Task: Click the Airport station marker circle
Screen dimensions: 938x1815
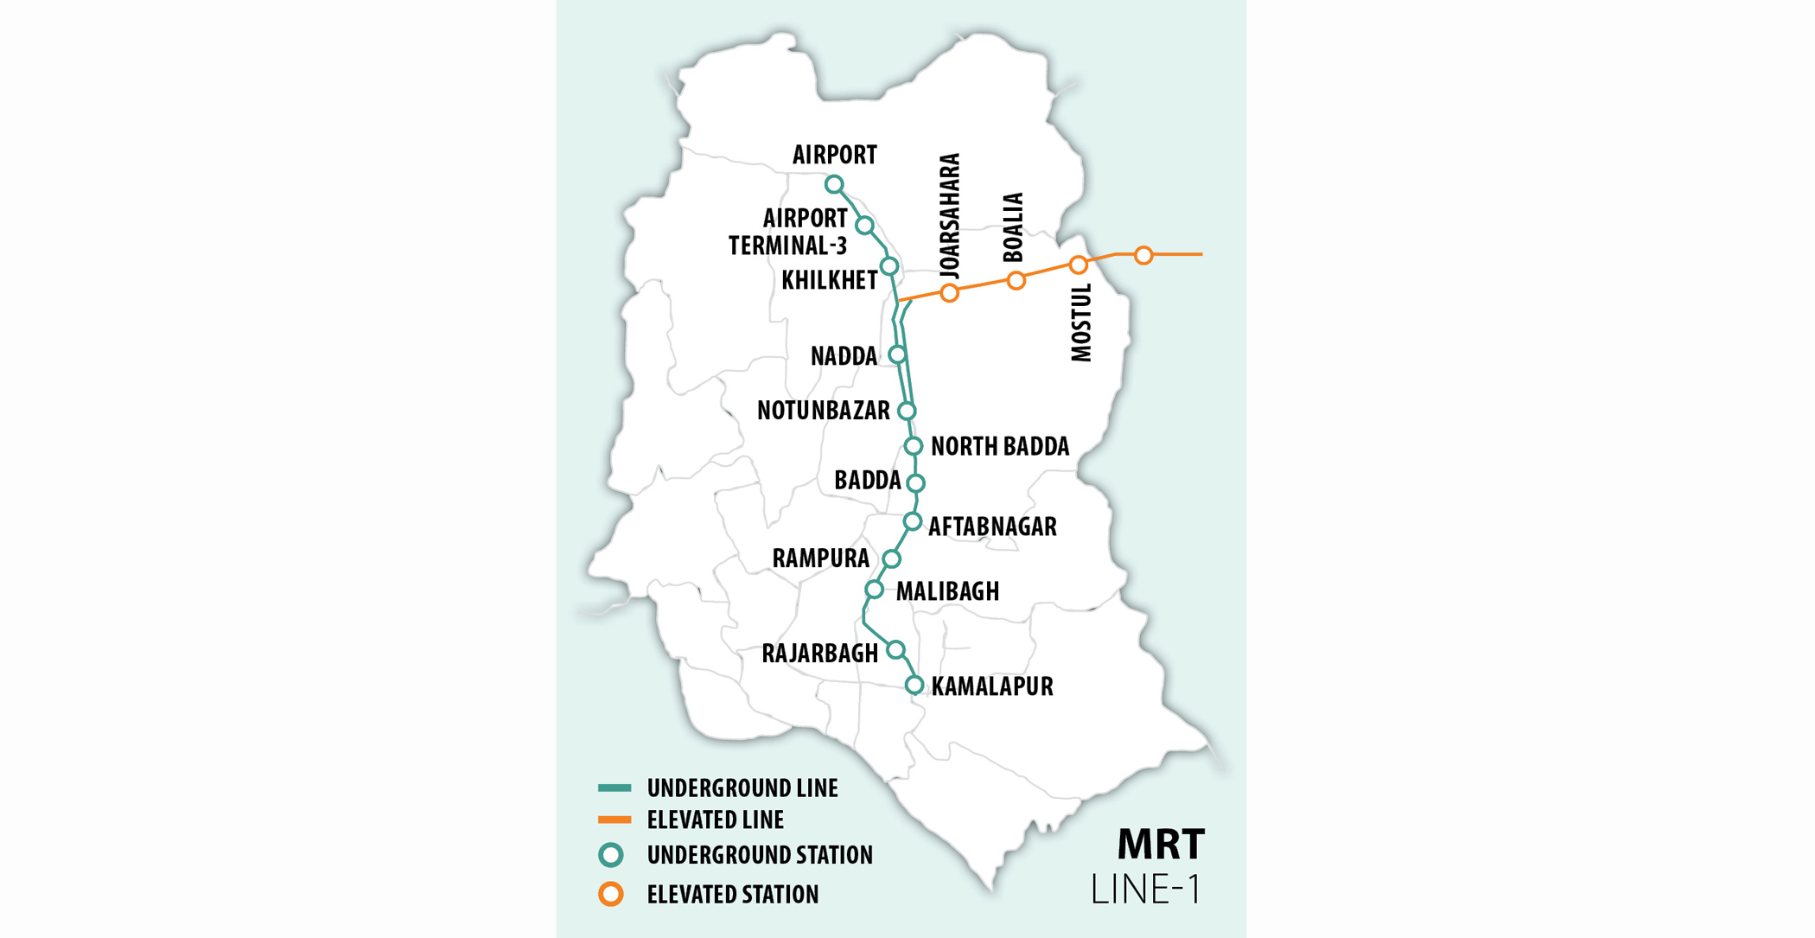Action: tap(834, 184)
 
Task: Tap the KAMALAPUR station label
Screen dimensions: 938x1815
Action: tap(992, 686)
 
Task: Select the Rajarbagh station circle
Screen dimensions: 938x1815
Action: tap(895, 649)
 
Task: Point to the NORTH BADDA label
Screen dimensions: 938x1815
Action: tap(1000, 446)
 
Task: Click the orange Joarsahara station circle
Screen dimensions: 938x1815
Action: tap(950, 293)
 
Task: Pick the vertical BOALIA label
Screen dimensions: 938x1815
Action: tap(1013, 227)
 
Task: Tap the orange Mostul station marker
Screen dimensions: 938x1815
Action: tap(1078, 265)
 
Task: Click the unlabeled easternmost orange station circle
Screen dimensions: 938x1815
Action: tap(1143, 255)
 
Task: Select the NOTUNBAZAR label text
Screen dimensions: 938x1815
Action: tap(823, 411)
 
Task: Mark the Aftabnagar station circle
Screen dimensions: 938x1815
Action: tap(913, 521)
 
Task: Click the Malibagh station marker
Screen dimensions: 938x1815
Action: tap(875, 590)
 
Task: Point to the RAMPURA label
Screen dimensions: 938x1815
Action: tap(820, 558)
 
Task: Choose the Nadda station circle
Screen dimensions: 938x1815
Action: tap(897, 354)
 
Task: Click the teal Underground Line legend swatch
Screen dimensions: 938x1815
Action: tap(615, 788)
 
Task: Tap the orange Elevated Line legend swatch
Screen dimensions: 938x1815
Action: tap(615, 820)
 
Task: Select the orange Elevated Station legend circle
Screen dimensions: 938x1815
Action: tap(611, 894)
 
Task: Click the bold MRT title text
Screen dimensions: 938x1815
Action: tap(1161, 845)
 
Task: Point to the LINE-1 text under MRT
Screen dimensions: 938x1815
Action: tap(1146, 890)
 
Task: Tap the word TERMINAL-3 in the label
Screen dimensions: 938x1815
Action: tap(787, 246)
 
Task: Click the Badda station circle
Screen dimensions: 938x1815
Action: tap(916, 483)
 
